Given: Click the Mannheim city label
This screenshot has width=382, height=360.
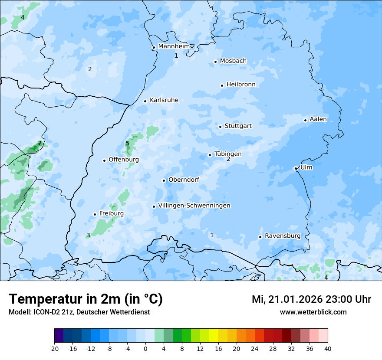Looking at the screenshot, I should point(174,46).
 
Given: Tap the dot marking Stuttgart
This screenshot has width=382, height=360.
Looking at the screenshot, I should point(221,127).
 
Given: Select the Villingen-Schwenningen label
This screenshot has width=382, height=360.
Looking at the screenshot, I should point(194,206).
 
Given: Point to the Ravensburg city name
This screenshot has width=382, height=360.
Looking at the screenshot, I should point(283,236).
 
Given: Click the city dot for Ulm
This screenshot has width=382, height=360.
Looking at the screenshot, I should point(296,168).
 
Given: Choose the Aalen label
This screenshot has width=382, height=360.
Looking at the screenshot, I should point(318,119).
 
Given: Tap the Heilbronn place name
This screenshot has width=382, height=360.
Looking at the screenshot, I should point(241,85).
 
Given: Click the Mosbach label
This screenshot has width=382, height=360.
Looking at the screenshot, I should point(233,61).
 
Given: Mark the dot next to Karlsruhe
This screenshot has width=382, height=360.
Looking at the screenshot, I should point(145,101).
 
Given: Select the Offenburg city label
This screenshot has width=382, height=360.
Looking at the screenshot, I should point(124,160).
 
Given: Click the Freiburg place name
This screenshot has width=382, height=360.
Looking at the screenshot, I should point(112,213).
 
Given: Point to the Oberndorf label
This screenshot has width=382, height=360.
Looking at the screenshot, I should point(184,180).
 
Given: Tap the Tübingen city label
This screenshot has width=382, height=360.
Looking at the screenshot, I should point(228,154).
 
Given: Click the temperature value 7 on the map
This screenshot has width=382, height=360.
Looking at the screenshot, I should point(40,143).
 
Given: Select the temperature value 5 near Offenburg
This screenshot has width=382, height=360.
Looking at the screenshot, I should point(127,144).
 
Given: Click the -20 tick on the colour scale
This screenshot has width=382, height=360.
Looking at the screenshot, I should point(54,349).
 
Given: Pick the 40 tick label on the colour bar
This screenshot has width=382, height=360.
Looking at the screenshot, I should point(328,349).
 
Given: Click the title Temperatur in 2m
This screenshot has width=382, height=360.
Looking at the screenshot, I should point(86,299).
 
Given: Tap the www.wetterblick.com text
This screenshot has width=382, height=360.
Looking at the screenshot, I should point(313,312).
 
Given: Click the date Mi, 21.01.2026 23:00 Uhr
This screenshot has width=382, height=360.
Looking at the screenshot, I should point(311,299).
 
